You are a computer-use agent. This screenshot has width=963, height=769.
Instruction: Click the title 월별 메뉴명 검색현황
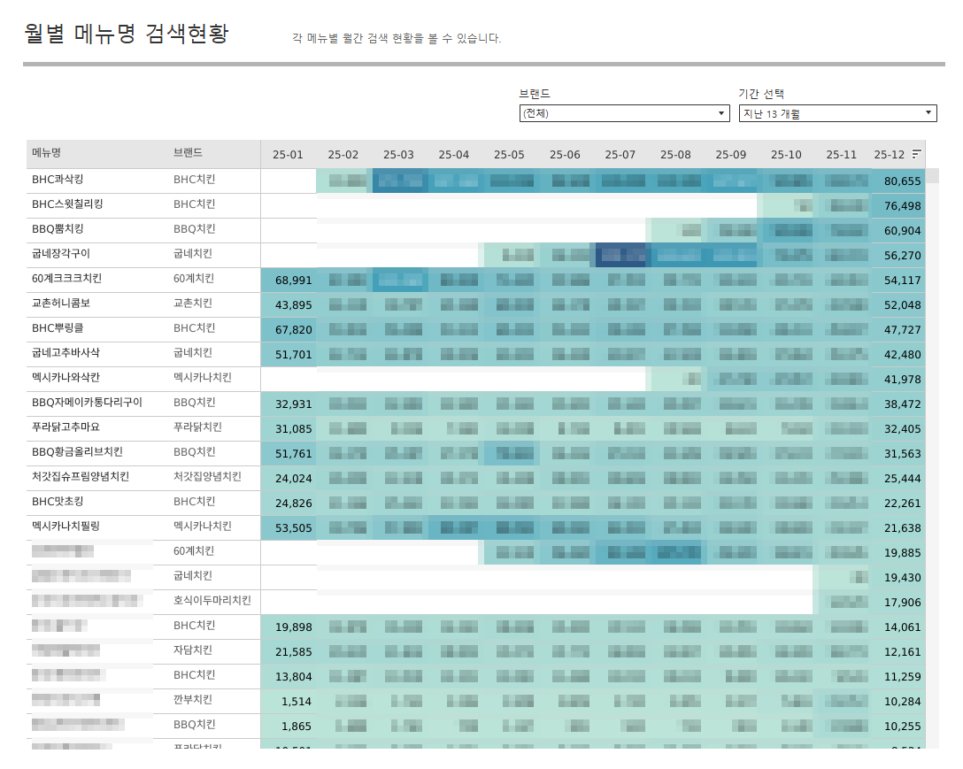point(127,35)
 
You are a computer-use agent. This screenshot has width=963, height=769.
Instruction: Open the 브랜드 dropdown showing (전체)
point(624,113)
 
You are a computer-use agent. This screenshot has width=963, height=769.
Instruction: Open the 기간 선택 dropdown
point(837,113)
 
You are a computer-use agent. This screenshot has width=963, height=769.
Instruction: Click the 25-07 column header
point(620,154)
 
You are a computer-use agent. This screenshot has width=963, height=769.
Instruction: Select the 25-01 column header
point(288,154)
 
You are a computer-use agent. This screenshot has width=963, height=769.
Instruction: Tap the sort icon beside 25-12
point(917,154)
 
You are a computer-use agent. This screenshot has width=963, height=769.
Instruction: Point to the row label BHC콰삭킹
point(58,180)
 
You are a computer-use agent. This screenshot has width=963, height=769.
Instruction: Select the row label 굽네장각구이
point(61,254)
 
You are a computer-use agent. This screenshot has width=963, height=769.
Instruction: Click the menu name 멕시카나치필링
point(66,527)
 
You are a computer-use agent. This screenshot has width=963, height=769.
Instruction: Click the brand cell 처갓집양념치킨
point(207,477)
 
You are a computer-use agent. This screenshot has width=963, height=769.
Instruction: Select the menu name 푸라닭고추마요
point(66,427)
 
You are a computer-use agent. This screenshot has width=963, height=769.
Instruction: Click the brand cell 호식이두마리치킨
point(212,601)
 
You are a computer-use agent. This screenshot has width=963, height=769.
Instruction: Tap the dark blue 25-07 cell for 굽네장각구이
point(620,255)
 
